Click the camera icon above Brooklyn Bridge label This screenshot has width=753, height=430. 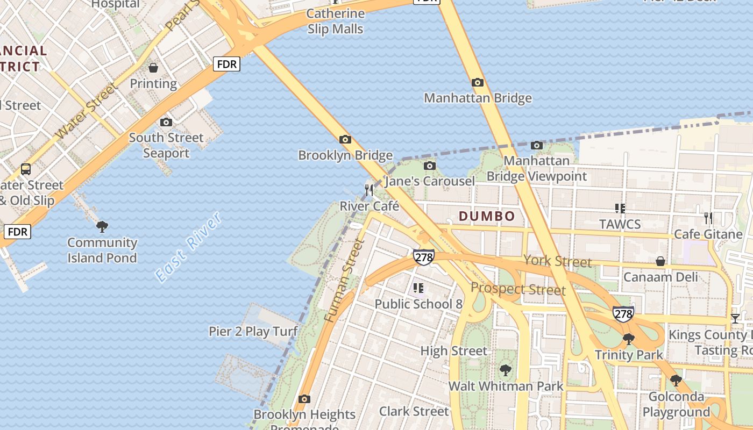[345, 140]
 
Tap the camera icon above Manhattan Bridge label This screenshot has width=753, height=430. [477, 83]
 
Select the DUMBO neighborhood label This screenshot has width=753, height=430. [487, 217]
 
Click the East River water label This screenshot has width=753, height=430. [188, 247]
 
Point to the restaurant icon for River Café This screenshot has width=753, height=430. [369, 190]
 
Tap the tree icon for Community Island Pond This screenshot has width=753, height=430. [102, 227]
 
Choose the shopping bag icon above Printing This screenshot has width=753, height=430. [153, 68]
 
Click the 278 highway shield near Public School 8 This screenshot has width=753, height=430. [424, 257]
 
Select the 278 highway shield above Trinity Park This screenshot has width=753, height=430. [623, 314]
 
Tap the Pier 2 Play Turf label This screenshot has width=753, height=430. [253, 331]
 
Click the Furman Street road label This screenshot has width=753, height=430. [345, 281]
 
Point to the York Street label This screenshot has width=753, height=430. [557, 262]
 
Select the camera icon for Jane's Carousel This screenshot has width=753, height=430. [429, 166]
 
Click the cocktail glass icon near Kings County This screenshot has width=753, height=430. [735, 319]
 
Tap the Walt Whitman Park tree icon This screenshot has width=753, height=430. [505, 370]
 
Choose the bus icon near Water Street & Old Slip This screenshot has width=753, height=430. [25, 169]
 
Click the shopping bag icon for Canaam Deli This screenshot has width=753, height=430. [660, 262]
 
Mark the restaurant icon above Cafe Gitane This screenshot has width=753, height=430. [708, 218]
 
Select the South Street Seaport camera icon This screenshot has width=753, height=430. [166, 122]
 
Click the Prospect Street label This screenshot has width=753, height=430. [518, 289]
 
